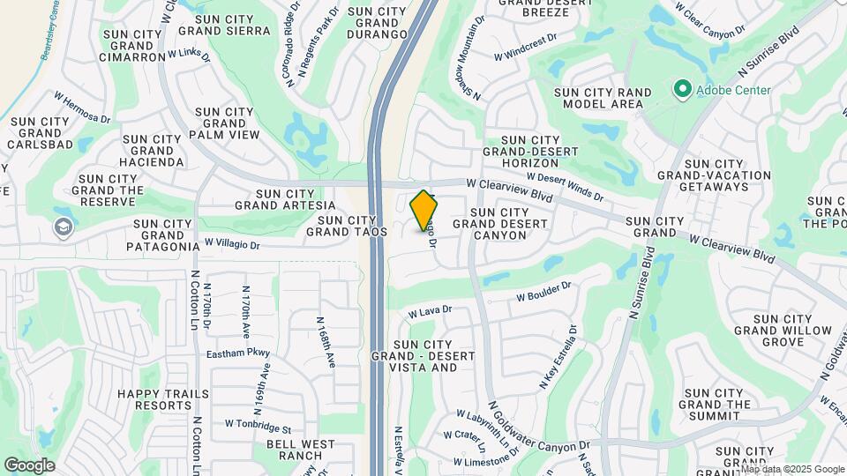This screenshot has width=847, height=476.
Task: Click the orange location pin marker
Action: click(424, 210)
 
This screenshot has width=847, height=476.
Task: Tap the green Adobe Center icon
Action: click(681, 89)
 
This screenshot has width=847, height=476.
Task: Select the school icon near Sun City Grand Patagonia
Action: click(63, 227)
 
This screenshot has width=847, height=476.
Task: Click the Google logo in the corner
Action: click(30, 465)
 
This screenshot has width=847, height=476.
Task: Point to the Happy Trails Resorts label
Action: click(164, 401)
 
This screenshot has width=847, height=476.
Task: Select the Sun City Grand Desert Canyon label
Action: click(500, 224)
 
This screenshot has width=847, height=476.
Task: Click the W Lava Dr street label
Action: click(430, 311)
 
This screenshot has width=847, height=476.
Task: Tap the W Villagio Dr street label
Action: click(232, 242)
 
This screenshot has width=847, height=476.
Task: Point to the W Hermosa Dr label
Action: click(82, 107)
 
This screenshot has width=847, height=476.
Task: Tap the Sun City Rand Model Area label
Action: click(603, 98)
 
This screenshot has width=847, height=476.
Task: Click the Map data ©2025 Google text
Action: click(792, 469)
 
